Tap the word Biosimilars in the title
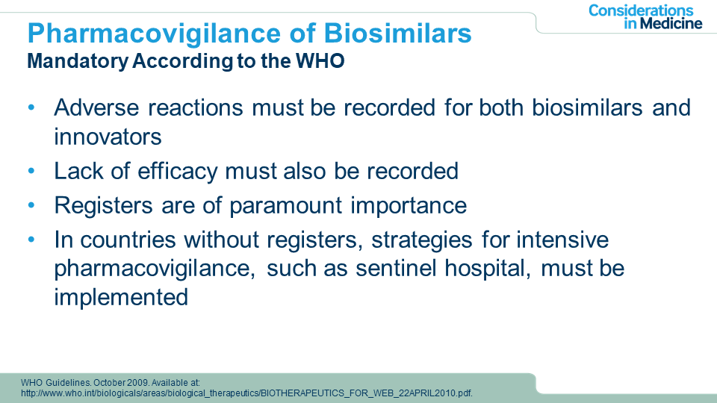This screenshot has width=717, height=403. pos(397,34)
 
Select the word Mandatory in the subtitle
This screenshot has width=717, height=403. pos(78,61)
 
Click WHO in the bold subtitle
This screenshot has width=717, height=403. pos(320,60)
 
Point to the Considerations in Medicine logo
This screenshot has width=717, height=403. pos(645,17)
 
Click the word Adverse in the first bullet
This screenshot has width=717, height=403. pos(96,107)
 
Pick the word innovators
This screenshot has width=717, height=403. pos(108,137)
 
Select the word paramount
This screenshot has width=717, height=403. pos(286,206)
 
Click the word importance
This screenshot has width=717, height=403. pos(409,206)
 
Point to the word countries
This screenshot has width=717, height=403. pos(128,240)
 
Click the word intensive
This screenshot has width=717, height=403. pos(563,240)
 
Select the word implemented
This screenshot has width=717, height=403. pos(121,298)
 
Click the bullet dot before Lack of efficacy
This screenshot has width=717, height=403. pos(31,172)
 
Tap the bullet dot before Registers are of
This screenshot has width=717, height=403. pos(31,206)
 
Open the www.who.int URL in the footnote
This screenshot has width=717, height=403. pos(247,393)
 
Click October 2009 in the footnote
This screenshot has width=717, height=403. pos(121,382)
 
